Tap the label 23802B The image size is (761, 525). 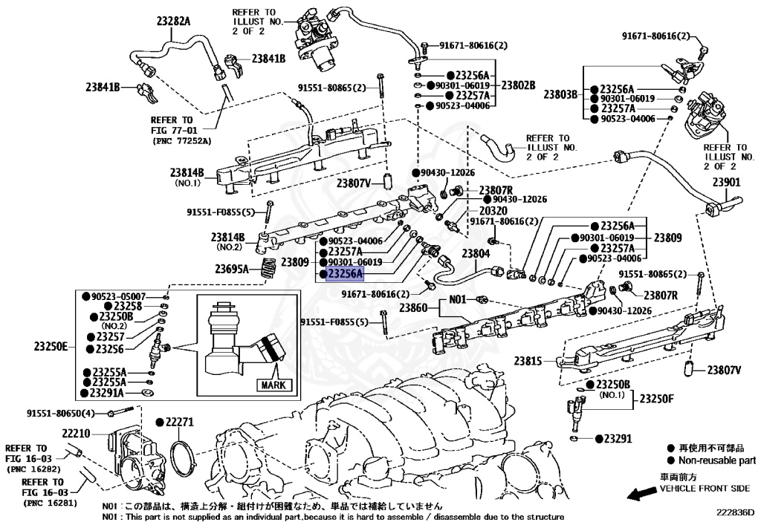[x=518, y=85]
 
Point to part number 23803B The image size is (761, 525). [x=560, y=94]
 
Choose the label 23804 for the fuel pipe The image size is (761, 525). [x=476, y=253]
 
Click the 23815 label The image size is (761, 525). [x=529, y=361]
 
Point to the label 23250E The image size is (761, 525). [x=50, y=345]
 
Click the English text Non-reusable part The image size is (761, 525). [x=716, y=460]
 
